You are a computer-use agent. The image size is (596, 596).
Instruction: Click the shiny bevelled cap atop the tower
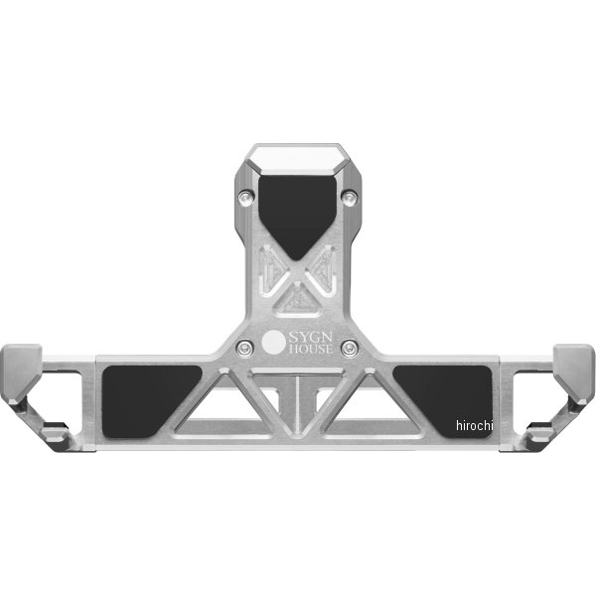[x=297, y=156]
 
